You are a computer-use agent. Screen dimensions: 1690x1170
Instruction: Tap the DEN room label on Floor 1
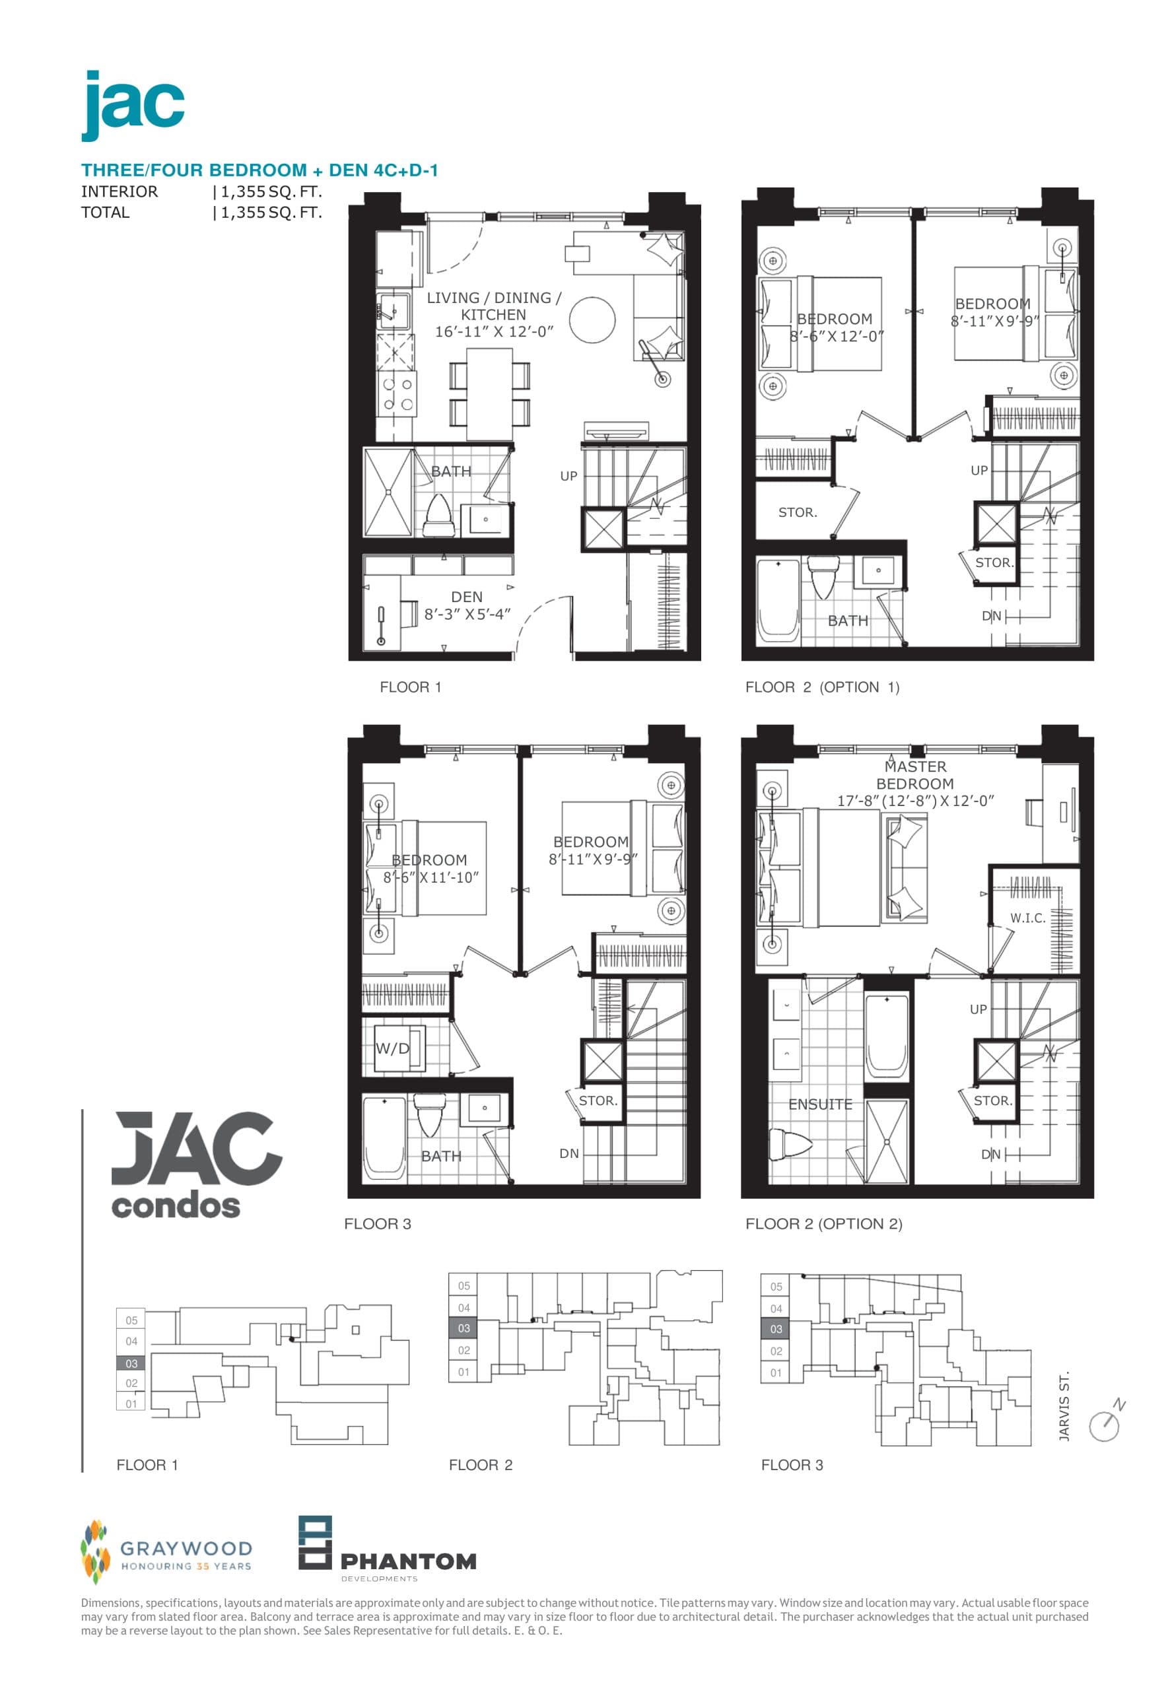click(x=466, y=597)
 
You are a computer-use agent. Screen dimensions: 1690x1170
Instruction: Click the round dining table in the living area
click(x=592, y=320)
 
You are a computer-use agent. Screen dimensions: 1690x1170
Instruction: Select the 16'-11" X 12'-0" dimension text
click(x=494, y=331)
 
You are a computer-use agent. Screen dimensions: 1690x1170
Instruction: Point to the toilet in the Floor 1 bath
click(x=438, y=517)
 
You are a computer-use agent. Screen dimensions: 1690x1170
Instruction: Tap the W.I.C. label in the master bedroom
click(x=1027, y=918)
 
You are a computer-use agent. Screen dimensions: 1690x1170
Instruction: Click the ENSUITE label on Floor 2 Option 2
click(x=819, y=1104)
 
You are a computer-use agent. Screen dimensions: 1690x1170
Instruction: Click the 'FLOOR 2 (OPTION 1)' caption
click(x=822, y=687)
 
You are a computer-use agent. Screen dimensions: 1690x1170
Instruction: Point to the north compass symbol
click(x=1105, y=1423)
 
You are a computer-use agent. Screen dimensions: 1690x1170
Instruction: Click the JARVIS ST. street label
click(x=1064, y=1406)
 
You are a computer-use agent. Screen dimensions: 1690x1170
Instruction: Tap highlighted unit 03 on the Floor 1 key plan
click(x=131, y=1363)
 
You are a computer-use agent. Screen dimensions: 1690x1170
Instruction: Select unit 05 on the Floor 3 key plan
click(x=776, y=1286)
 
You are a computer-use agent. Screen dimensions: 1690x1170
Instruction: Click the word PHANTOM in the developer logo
click(x=408, y=1562)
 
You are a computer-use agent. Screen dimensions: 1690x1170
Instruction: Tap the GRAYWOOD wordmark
click(x=186, y=1548)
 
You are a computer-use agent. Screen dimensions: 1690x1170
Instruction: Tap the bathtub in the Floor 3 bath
click(x=384, y=1138)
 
